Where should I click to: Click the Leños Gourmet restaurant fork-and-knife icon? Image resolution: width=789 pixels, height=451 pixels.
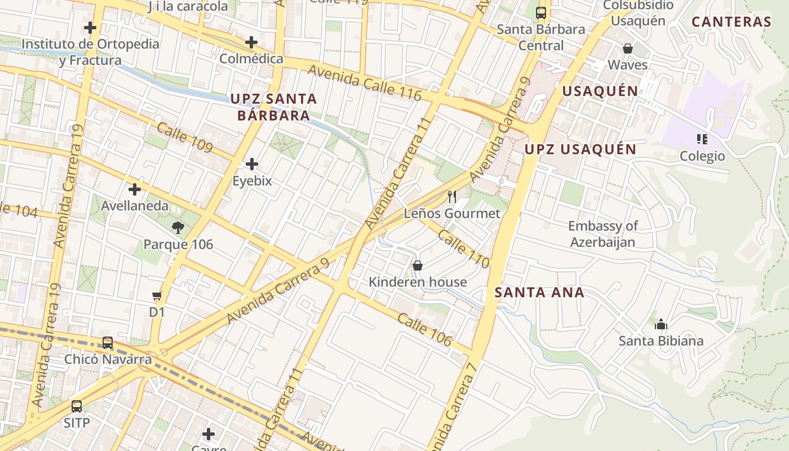(451, 197)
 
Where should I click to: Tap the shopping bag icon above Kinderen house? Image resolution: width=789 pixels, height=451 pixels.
(418, 265)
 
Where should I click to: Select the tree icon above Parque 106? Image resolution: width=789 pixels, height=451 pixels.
(178, 228)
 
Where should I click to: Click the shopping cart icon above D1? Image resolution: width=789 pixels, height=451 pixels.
(157, 295)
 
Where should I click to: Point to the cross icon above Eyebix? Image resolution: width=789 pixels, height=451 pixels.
(252, 164)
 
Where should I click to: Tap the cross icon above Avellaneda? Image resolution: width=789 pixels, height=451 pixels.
(135, 189)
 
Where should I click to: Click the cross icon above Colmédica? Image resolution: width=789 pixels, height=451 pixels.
(251, 42)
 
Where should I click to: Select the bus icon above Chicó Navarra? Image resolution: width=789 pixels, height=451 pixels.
(107, 343)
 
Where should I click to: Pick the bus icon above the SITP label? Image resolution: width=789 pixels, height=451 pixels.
(76, 406)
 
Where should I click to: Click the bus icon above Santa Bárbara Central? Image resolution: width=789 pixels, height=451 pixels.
(541, 12)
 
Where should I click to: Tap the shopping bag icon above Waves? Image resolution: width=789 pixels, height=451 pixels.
(627, 48)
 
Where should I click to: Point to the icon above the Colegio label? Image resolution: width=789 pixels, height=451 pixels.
(702, 139)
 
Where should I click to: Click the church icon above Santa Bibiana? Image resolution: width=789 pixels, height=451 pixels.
(661, 324)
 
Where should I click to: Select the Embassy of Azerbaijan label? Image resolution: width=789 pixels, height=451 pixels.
(602, 234)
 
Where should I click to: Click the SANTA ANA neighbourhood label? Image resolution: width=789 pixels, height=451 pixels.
(539, 292)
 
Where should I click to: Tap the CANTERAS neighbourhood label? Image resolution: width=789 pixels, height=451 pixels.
(731, 22)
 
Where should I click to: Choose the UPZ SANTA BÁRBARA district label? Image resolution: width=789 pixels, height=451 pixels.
(273, 107)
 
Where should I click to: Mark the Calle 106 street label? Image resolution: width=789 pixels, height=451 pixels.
(424, 329)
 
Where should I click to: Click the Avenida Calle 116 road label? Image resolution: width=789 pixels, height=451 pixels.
(365, 82)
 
